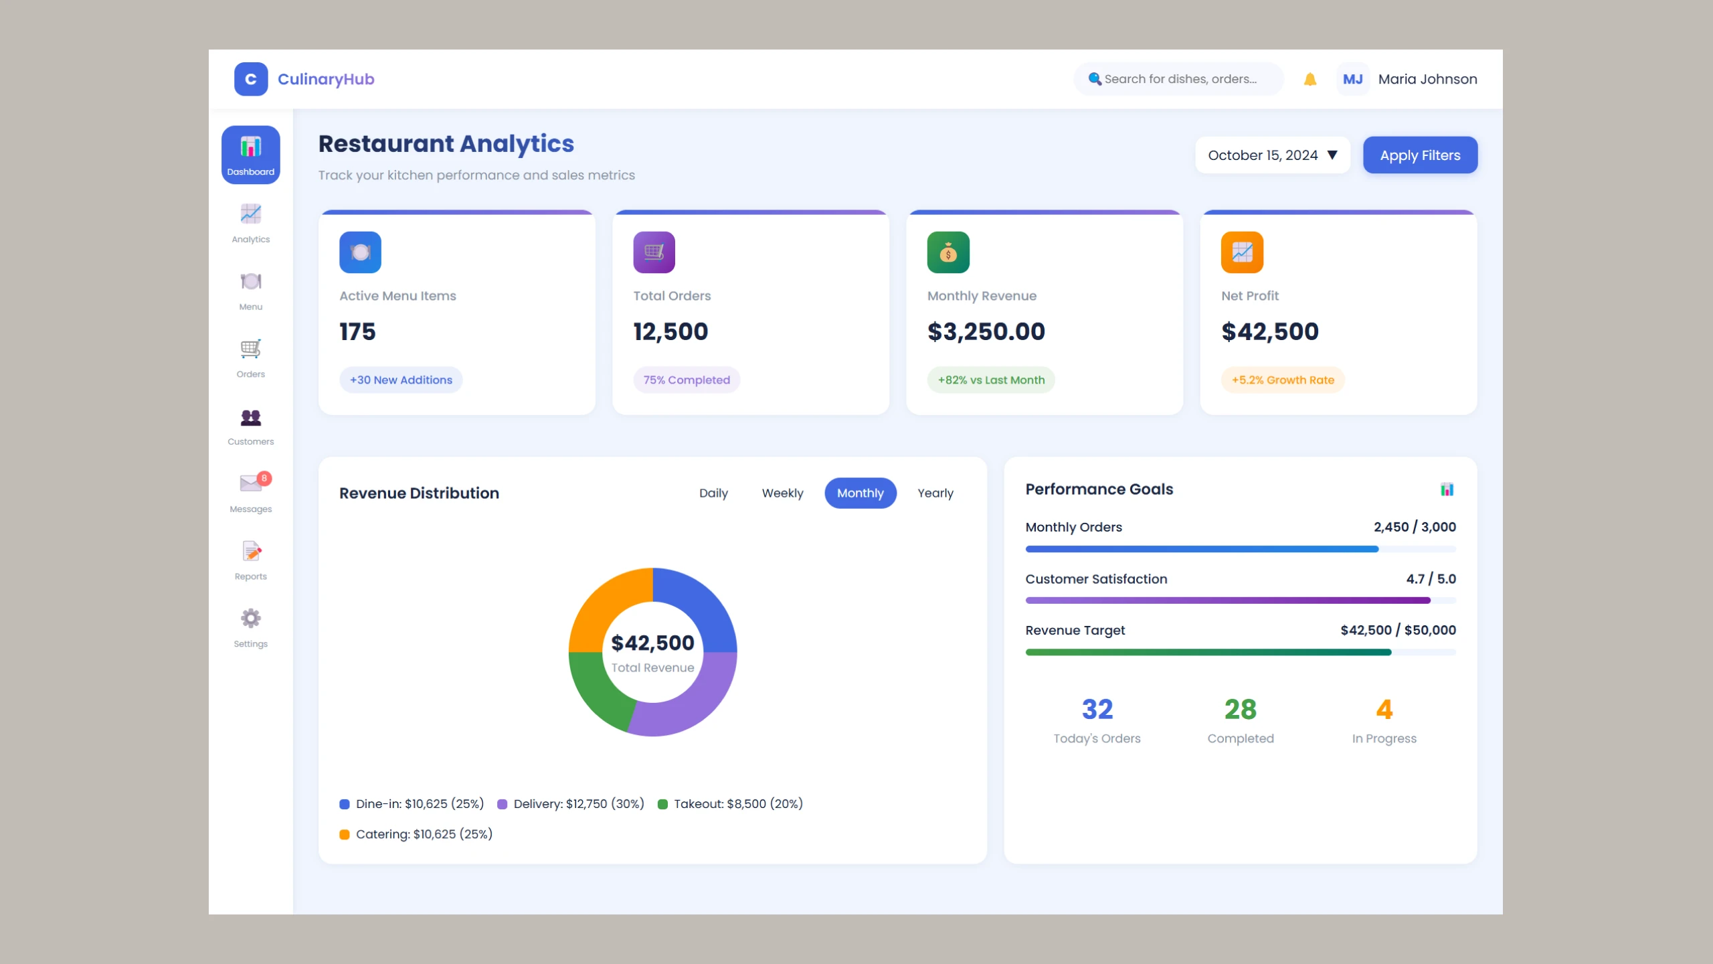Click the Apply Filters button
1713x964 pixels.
click(x=1420, y=155)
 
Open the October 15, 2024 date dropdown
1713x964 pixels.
click(x=1272, y=155)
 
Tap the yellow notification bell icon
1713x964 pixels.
click(x=1310, y=80)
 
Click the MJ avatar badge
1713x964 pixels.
click(x=1352, y=80)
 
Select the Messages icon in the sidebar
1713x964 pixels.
click(x=251, y=483)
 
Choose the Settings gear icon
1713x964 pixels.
click(x=251, y=618)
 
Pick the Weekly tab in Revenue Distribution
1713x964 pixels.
click(x=782, y=493)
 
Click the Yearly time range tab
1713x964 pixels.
click(x=935, y=493)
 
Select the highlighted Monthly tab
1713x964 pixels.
click(x=860, y=493)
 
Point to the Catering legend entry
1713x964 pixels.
click(x=416, y=834)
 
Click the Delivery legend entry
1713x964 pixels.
click(x=571, y=804)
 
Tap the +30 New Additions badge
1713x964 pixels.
click(x=401, y=380)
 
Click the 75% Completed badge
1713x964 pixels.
click(x=687, y=380)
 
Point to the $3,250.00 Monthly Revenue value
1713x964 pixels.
click(x=986, y=332)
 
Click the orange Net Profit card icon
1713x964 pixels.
click(x=1242, y=252)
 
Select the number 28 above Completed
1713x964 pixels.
click(x=1240, y=710)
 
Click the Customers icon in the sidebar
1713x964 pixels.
click(x=251, y=418)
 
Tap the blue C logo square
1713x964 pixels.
click(x=251, y=80)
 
